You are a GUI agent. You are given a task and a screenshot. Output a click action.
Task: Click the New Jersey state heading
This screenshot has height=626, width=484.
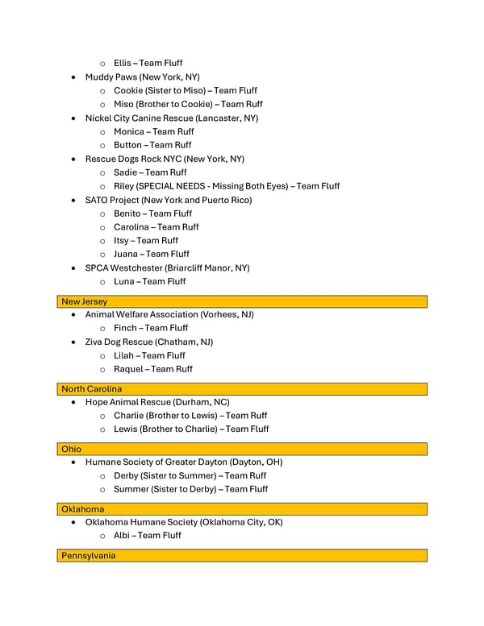click(x=85, y=301)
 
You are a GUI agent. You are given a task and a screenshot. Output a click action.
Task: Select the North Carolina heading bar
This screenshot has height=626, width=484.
click(x=92, y=389)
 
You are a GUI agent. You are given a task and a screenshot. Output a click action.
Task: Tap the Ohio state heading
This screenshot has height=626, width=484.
click(x=72, y=449)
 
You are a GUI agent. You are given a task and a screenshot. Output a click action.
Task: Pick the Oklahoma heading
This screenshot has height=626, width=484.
click(x=83, y=509)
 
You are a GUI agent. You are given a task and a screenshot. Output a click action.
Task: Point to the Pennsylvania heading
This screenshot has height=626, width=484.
click(x=89, y=556)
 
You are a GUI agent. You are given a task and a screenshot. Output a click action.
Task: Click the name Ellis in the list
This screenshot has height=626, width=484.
click(x=123, y=63)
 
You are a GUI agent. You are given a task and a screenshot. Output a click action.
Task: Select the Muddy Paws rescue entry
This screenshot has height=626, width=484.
click(x=142, y=77)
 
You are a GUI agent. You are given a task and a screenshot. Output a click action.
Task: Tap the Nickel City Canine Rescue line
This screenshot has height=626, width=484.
click(x=172, y=118)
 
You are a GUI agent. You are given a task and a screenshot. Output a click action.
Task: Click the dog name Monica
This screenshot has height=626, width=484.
click(x=129, y=131)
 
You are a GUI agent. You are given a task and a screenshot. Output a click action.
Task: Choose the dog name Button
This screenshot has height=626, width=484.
click(x=127, y=145)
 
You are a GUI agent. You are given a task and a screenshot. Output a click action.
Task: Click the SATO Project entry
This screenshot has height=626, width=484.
click(x=169, y=200)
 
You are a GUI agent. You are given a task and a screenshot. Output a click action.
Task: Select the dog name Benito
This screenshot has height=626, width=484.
click(x=127, y=214)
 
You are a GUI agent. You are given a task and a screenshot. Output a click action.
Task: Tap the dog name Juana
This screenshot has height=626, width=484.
click(x=127, y=254)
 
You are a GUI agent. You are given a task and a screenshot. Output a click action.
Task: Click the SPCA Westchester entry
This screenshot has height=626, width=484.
click(x=167, y=267)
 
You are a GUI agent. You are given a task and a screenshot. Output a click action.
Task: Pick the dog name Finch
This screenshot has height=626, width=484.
click(x=125, y=328)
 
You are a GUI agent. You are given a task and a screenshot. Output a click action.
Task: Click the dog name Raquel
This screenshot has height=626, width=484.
click(x=129, y=369)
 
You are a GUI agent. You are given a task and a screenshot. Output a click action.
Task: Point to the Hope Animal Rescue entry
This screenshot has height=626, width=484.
click(x=157, y=402)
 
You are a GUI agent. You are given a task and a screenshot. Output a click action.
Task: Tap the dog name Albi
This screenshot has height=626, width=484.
click(x=123, y=536)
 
